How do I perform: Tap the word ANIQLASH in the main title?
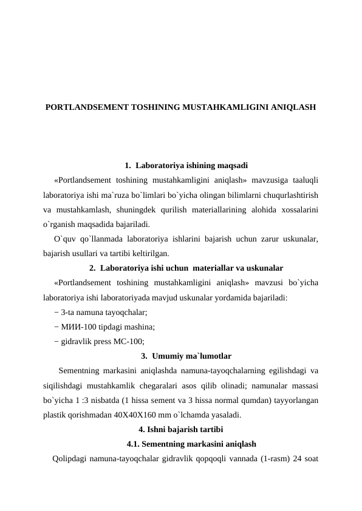tap(294, 107)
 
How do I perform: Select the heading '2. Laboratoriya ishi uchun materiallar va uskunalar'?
tap(177, 268)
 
